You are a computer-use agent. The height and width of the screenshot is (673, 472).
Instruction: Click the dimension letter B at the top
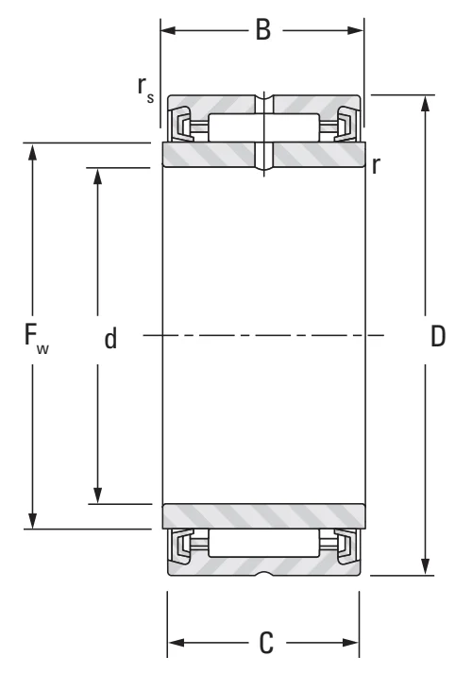(263, 29)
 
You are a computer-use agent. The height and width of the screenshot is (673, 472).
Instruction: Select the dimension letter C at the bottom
(266, 643)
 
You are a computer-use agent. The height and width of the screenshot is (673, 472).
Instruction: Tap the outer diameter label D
(438, 336)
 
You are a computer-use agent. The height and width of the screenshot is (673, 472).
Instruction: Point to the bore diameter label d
(110, 338)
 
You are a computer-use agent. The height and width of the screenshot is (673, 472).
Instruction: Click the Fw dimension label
(36, 339)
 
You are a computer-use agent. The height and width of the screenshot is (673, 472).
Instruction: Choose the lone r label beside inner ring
(376, 166)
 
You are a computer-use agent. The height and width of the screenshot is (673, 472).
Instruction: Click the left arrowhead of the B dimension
(168, 30)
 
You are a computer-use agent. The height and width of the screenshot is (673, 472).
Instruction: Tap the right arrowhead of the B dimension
(356, 30)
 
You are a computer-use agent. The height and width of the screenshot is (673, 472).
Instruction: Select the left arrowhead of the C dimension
(176, 643)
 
